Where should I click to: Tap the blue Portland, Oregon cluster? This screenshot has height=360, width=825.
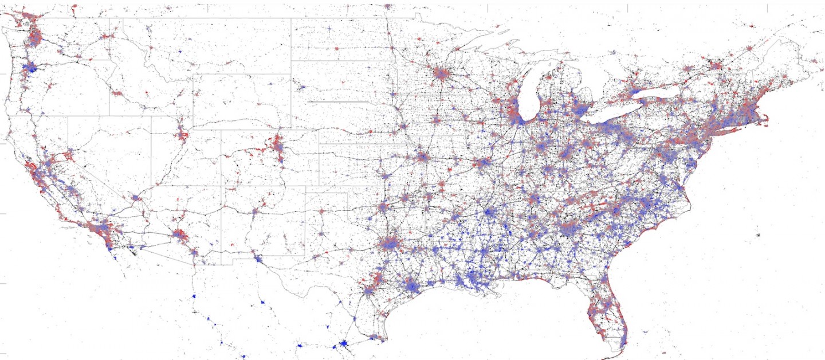coord(29,68)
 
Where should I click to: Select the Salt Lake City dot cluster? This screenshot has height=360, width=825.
coord(183,136)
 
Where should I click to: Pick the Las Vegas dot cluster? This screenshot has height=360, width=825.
coord(136,198)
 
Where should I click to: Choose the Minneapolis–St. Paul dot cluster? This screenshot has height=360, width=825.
coord(441,75)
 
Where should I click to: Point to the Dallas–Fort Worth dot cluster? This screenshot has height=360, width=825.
coord(390,243)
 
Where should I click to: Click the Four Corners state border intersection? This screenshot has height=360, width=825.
coord(222,185)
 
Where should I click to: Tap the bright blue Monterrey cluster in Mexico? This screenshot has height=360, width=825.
coord(343,344)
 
